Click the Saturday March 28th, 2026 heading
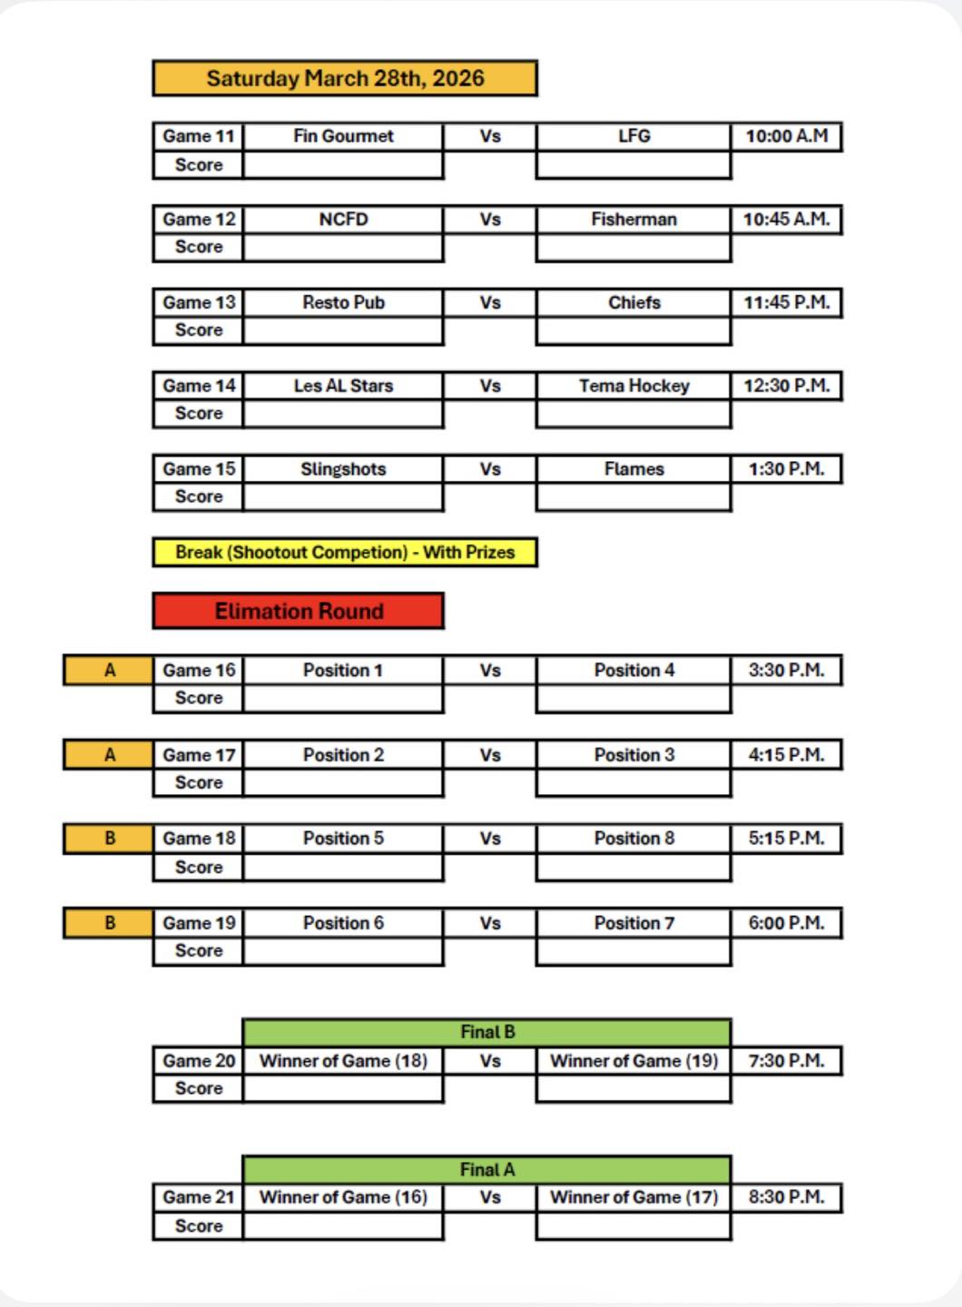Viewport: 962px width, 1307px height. click(345, 78)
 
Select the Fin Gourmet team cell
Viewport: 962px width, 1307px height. click(343, 136)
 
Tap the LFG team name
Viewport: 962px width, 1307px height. click(633, 136)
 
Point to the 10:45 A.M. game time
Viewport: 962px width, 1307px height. click(786, 220)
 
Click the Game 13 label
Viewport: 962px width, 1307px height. click(199, 303)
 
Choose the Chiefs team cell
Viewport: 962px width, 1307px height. click(633, 303)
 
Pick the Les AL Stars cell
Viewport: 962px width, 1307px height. click(343, 386)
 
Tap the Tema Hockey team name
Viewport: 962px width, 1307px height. click(633, 386)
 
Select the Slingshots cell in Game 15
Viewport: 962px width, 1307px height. click(343, 469)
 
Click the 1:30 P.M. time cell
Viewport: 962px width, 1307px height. click(786, 469)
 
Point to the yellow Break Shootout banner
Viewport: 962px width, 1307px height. click(345, 552)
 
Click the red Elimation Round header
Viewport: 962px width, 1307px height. click(299, 611)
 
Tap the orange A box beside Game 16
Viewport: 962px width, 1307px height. click(109, 671)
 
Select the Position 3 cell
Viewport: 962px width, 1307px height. click(633, 755)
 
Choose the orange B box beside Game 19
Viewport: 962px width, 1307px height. click(109, 923)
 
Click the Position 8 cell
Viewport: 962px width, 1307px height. click(633, 839)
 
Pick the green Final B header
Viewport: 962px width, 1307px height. click(486, 1032)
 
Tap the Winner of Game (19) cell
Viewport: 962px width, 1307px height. click(633, 1061)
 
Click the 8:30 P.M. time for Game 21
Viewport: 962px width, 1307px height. click(786, 1197)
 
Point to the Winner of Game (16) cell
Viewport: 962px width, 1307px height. click(343, 1197)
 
